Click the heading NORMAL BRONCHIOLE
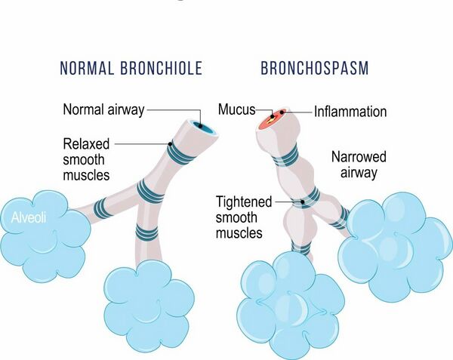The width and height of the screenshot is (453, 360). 131,68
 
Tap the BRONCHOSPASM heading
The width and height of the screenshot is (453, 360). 315,68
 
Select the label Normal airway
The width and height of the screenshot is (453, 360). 103,110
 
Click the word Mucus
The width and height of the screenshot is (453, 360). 236,109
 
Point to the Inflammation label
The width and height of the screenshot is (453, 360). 350,112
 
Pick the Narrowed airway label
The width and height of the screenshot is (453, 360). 359,165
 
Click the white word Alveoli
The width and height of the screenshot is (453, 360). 29,217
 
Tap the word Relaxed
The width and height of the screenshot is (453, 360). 86,143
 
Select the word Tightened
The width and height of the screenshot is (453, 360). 244,202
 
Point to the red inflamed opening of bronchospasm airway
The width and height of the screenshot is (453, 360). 272,119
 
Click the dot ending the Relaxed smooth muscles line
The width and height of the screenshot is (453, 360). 170,143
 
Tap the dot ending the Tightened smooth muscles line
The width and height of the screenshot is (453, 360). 303,202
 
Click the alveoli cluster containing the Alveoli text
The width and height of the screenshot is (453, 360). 43,236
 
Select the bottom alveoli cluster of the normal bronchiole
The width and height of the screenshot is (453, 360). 148,306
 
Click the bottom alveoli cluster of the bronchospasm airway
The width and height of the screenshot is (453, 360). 291,305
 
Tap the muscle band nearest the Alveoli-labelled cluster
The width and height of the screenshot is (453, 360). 101,208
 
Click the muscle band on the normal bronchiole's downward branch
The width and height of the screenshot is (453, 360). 147,233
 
